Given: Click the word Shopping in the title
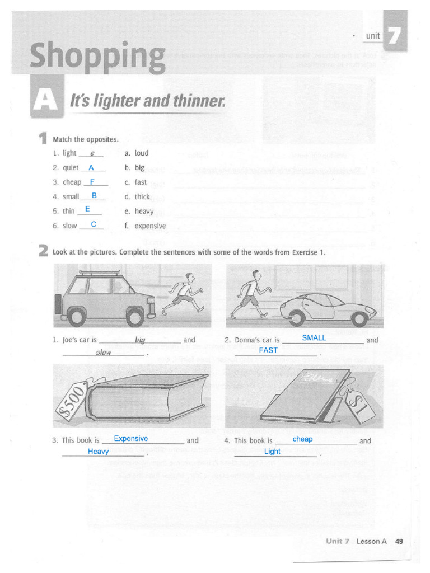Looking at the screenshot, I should coord(98,57).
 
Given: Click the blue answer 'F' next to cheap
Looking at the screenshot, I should coord(92,181).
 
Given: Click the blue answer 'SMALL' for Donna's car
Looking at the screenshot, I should coord(314,338).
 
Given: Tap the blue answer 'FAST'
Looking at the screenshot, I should coord(268,350).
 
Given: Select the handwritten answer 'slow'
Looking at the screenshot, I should coord(104,353).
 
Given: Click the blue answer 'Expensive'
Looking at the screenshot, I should coord(130,439).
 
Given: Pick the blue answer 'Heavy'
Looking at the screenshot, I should coord(98,452).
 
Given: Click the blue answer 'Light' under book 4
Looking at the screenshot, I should coord(272,452).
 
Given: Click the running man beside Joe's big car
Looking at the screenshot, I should coord(182,294).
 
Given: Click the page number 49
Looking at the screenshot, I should coord(399,541).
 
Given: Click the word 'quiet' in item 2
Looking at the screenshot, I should coord(71,167).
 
